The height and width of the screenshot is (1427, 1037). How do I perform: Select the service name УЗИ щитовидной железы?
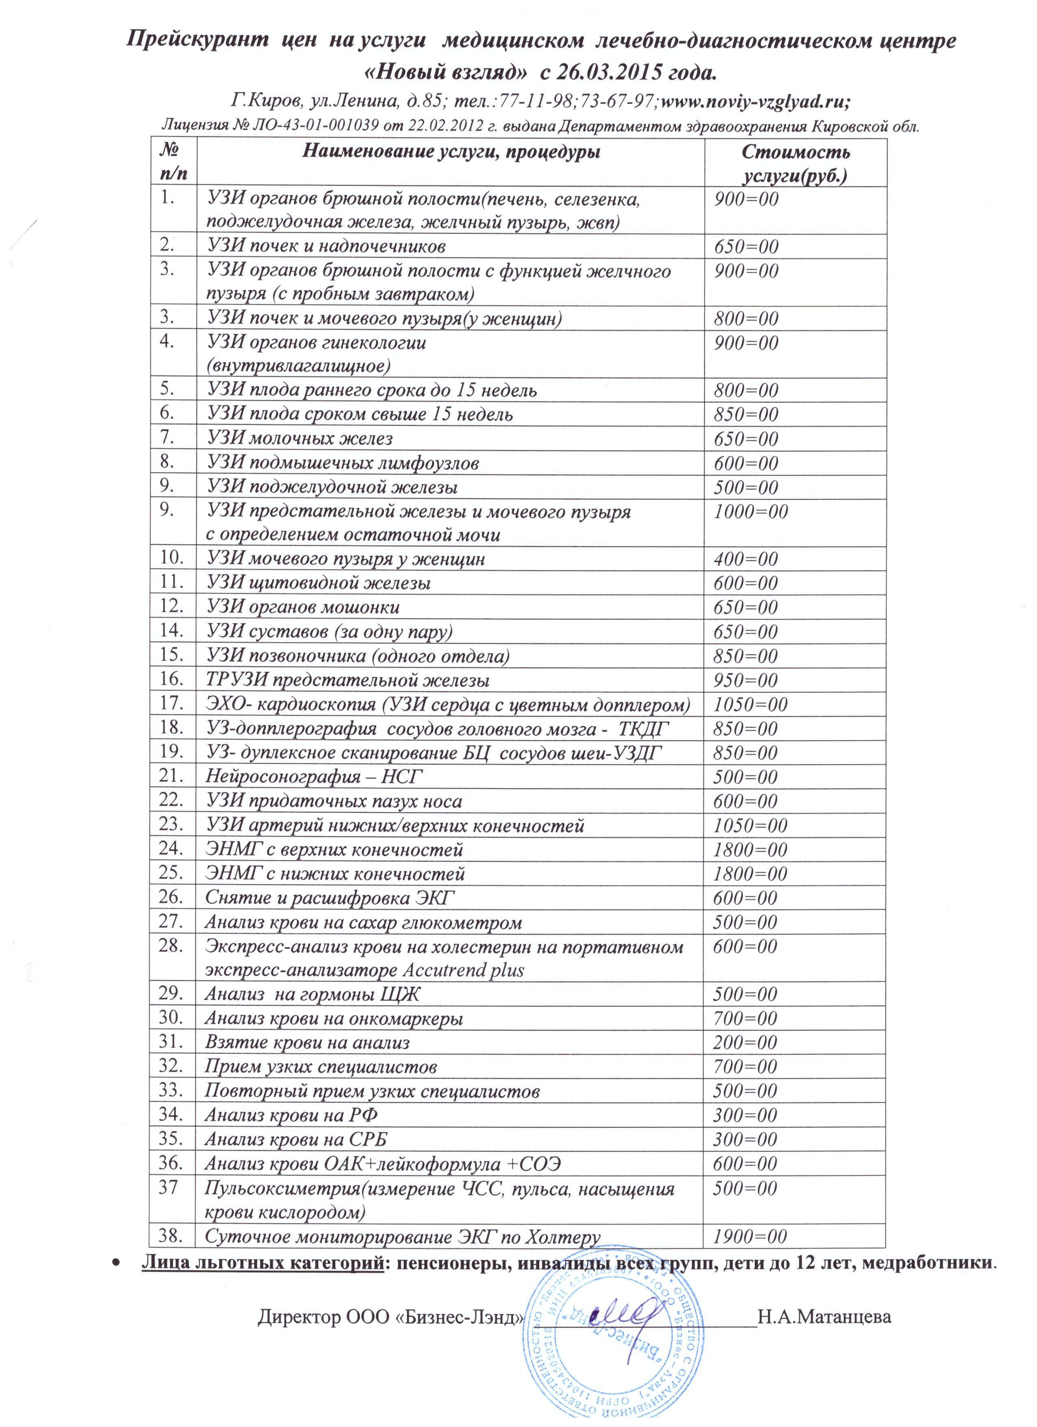pyautogui.click(x=319, y=583)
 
